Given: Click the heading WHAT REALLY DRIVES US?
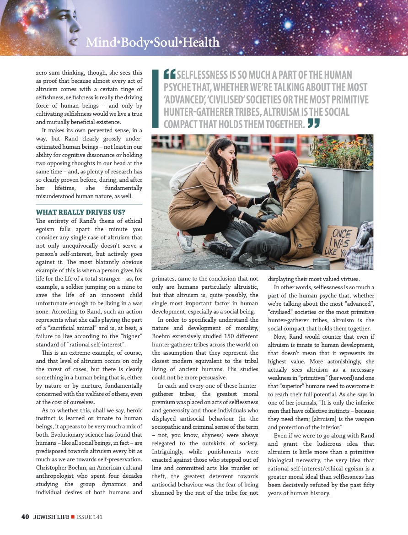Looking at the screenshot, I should (x=80, y=212).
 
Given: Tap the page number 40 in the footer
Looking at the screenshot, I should (x=25, y=517).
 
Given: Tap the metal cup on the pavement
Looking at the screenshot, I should (x=321, y=263).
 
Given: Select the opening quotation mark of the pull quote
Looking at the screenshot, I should (x=169, y=74).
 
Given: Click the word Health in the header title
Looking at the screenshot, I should (x=201, y=43).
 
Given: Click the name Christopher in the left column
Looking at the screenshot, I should (x=54, y=467).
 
